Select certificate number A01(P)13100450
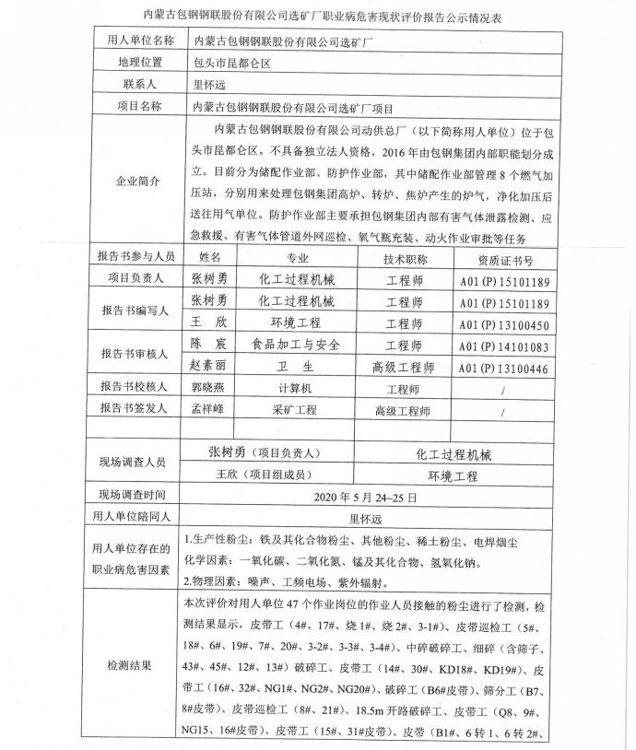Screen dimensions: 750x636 (x=504, y=324)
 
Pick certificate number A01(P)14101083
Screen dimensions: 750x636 (x=504, y=346)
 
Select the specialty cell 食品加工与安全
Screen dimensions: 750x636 (x=291, y=346)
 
